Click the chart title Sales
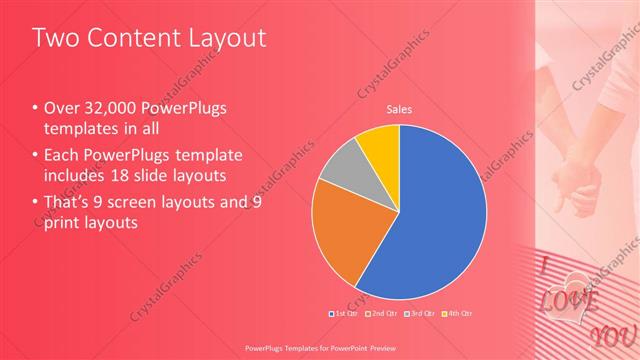point(399,110)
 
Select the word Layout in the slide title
point(227,39)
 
